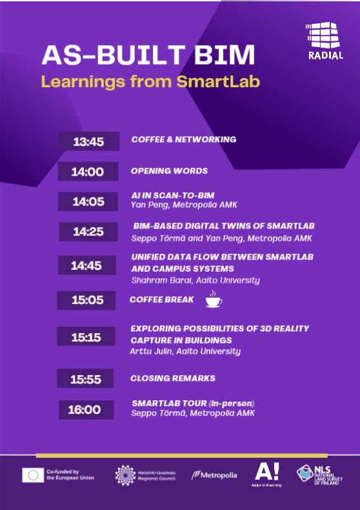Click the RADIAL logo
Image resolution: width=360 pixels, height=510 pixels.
tap(325, 41)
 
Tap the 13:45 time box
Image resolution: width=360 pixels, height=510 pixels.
tap(88, 141)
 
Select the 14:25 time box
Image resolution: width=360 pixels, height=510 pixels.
tap(88, 232)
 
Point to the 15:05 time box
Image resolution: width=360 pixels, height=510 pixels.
tap(86, 300)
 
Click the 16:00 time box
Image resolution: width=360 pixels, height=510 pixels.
tap(86, 410)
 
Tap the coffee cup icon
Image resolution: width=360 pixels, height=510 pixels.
tap(214, 299)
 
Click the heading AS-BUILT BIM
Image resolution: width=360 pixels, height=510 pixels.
tap(148, 56)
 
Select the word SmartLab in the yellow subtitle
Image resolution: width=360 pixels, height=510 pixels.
tap(218, 82)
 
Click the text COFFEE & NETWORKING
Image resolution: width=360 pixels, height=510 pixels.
tap(184, 139)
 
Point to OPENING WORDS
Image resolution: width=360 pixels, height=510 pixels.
tap(169, 171)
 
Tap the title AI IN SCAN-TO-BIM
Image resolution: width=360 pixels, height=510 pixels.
tap(173, 195)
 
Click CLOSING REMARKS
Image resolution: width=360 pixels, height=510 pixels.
tap(173, 378)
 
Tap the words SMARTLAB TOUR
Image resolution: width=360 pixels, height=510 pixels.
tap(169, 403)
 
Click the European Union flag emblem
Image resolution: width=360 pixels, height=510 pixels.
tap(33, 475)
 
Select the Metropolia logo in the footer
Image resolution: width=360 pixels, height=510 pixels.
tap(214, 475)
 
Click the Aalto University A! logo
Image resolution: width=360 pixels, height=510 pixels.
tap(266, 475)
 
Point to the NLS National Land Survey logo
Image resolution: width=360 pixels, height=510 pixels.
tap(320, 475)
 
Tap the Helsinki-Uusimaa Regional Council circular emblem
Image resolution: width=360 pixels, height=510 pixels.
tap(125, 475)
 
